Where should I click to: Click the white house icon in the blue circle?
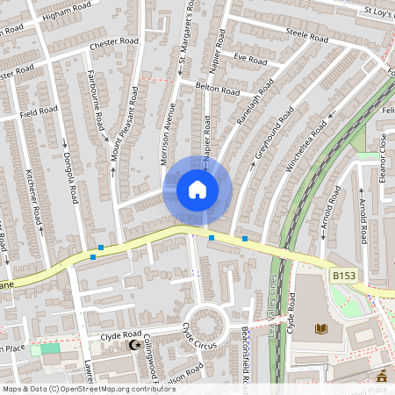click(197, 190)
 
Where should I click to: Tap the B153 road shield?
click(344, 276)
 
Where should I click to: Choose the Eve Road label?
click(250, 60)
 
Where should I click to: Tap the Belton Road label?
click(218, 90)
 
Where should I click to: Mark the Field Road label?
click(39, 112)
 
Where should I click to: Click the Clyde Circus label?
click(199, 337)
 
